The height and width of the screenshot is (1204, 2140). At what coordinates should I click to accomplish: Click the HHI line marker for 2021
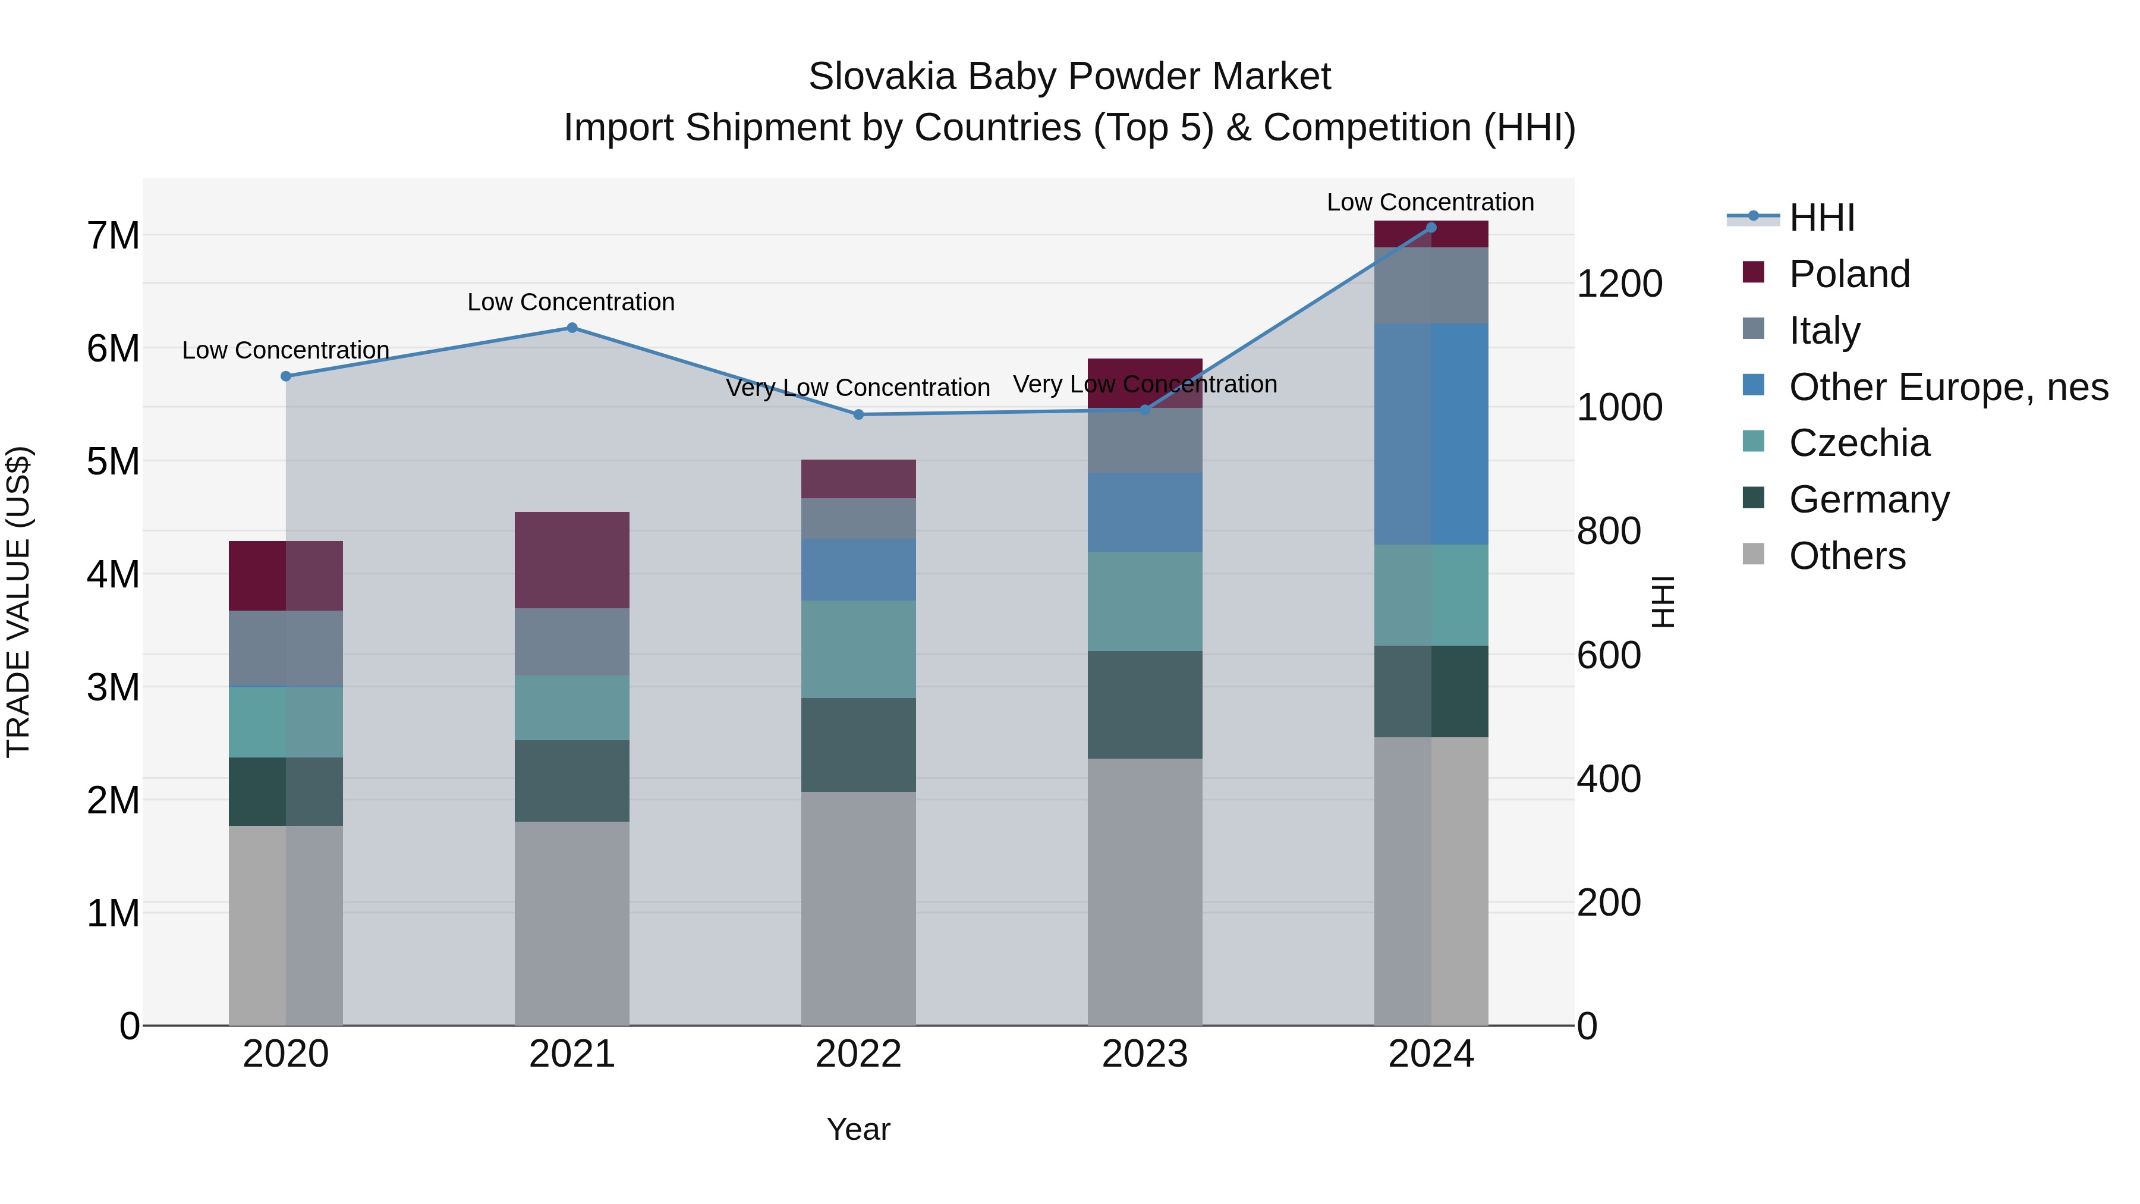(x=571, y=328)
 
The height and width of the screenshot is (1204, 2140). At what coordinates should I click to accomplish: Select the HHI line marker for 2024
(x=1431, y=228)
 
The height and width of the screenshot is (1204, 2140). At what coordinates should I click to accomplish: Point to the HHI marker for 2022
(x=858, y=414)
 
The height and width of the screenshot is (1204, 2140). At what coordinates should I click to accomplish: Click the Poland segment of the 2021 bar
(x=571, y=560)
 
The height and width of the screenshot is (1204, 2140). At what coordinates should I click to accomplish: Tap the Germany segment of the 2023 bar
(x=1145, y=705)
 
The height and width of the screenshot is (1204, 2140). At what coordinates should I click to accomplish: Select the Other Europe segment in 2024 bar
(x=1431, y=434)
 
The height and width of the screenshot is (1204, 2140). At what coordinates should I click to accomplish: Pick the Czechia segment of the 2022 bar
(x=858, y=649)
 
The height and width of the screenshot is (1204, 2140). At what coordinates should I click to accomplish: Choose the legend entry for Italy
(x=1824, y=330)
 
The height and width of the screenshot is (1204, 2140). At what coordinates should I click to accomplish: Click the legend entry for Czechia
(x=1859, y=443)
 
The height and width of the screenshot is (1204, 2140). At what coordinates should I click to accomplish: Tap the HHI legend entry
(x=1821, y=218)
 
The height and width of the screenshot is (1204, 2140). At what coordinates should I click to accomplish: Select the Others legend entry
(x=1847, y=556)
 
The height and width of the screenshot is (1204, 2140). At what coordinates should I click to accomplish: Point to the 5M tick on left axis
(x=113, y=462)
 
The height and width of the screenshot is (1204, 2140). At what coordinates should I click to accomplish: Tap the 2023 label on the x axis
(x=1145, y=1054)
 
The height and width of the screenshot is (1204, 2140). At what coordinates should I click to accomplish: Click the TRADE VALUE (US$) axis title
(x=18, y=602)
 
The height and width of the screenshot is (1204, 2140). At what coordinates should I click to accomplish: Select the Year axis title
(x=858, y=1129)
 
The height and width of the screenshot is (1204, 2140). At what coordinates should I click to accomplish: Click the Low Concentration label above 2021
(x=571, y=301)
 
